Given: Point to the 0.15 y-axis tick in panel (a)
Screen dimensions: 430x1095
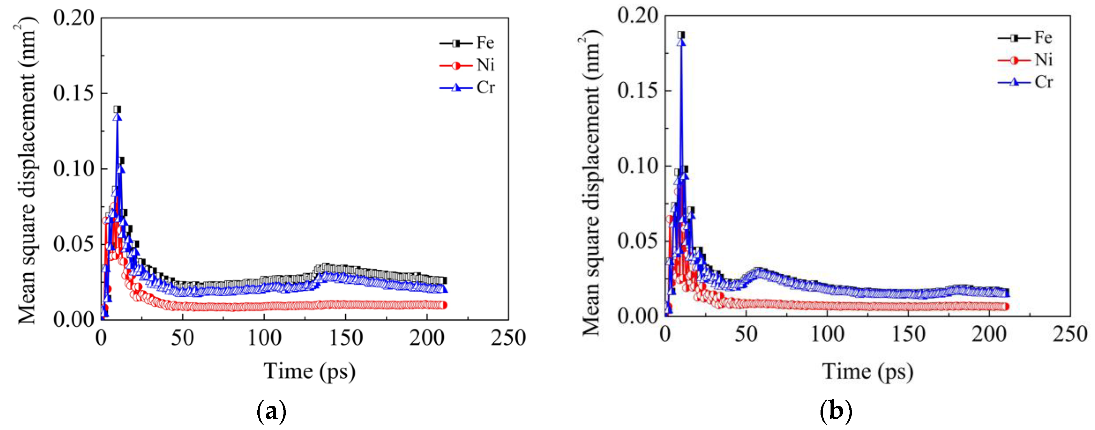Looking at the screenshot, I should pyautogui.click(x=73, y=93).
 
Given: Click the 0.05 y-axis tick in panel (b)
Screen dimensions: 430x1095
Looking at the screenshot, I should pyautogui.click(x=638, y=241).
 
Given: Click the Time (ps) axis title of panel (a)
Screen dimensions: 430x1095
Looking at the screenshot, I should pyautogui.click(x=309, y=372).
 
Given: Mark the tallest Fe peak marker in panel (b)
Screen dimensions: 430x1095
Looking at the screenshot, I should pyautogui.click(x=681, y=35).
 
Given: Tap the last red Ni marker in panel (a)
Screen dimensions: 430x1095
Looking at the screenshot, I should pyautogui.click(x=443, y=305).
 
